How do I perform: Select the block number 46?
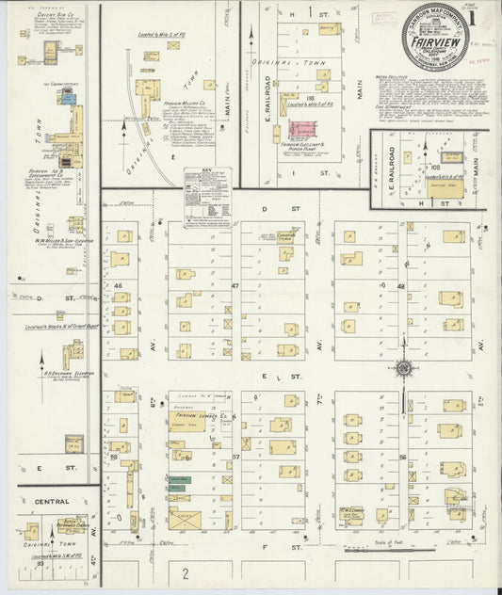pyautogui.click(x=118, y=283)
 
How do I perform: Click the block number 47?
pyautogui.click(x=235, y=284)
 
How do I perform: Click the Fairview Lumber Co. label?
pyautogui.click(x=199, y=415)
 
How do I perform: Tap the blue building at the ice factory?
pyautogui.click(x=68, y=99)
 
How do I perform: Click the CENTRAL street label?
pyautogui.click(x=52, y=502)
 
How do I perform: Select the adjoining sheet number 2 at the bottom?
pyautogui.click(x=186, y=572)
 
